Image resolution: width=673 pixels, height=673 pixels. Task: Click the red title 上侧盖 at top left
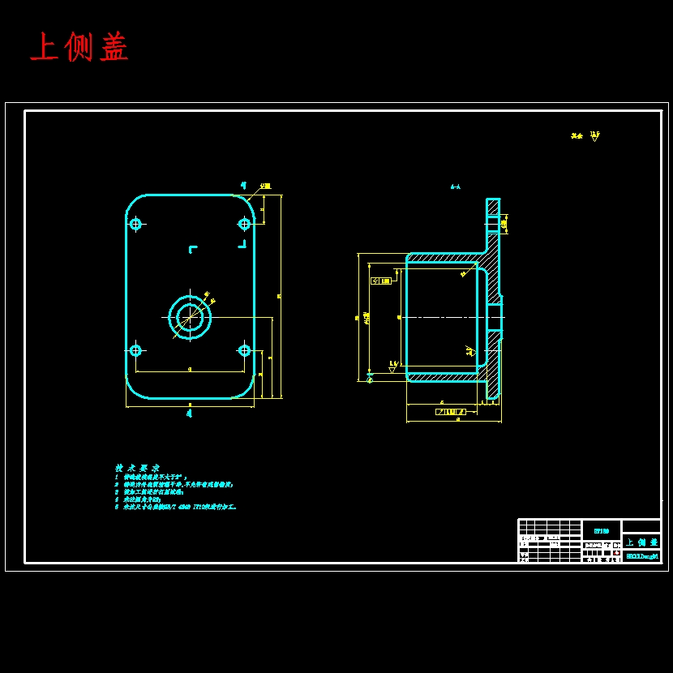click(79, 48)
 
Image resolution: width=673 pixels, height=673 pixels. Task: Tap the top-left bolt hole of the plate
click(135, 224)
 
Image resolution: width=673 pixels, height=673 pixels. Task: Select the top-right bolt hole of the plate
click(244, 224)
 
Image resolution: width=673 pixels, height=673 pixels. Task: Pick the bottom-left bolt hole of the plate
click(135, 350)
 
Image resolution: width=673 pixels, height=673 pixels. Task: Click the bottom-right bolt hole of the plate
click(244, 350)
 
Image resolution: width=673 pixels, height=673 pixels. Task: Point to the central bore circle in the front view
click(190, 317)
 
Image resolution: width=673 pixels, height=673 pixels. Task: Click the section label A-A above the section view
click(456, 186)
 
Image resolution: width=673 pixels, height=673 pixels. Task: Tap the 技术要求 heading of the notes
click(137, 468)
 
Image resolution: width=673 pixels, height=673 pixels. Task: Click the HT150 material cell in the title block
click(602, 530)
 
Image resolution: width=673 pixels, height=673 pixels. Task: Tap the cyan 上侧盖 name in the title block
click(641, 542)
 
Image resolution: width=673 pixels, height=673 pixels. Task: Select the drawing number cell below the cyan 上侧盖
click(641, 556)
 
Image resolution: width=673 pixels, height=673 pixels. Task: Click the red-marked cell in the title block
click(617, 552)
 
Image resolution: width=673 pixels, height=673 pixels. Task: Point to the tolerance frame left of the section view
click(380, 281)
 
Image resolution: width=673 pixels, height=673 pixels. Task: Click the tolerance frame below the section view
click(457, 412)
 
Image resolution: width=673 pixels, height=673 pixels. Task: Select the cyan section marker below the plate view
click(189, 414)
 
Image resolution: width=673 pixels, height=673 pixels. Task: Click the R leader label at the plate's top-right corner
click(265, 186)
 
